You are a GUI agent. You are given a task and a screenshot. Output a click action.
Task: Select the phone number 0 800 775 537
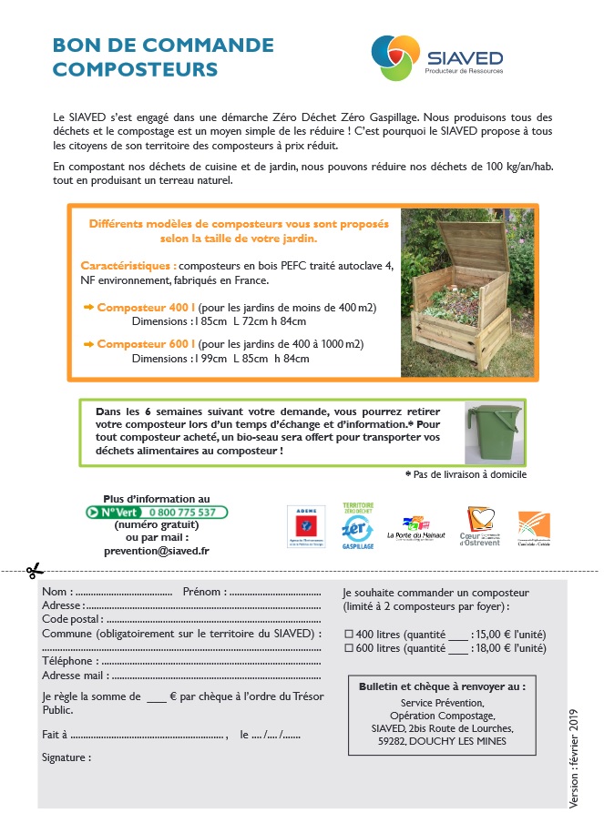182,512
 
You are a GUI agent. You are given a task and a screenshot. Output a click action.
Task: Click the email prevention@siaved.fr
156,550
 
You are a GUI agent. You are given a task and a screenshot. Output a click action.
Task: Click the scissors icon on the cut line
35,571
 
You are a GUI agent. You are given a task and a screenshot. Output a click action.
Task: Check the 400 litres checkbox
348,634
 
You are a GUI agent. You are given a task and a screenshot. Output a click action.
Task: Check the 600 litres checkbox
348,648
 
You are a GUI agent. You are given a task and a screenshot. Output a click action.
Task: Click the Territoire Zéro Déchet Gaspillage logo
357,526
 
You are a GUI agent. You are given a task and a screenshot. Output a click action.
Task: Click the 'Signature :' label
67,757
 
